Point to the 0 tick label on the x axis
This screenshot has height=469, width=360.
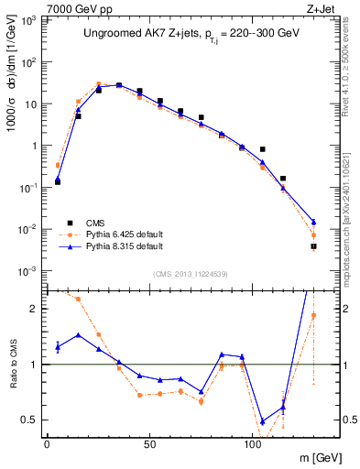point(47,444)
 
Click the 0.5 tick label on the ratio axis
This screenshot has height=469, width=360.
point(32,420)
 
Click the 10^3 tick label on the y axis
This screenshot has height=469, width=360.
point(30,20)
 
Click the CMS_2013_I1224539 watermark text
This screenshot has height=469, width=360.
point(190,273)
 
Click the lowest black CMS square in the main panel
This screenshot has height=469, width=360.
point(313,246)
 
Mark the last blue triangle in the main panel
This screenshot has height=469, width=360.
point(313,223)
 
